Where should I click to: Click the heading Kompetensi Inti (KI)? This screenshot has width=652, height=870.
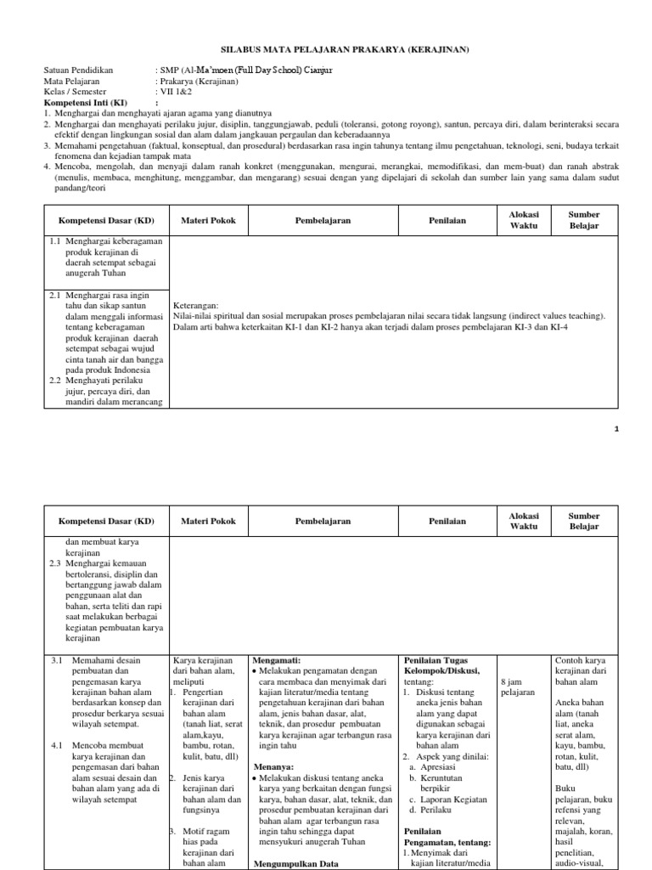click(x=80, y=101)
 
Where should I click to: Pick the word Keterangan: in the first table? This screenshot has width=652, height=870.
click(x=196, y=304)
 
